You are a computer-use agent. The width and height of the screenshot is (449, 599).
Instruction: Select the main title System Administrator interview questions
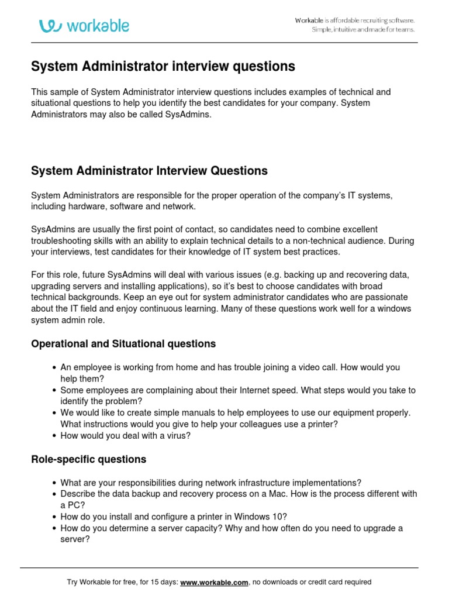(163, 67)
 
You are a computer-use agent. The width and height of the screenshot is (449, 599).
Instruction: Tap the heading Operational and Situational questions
(123, 344)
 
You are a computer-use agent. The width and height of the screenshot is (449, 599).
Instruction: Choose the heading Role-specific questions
(88, 459)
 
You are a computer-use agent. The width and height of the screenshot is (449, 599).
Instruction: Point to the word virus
(178, 436)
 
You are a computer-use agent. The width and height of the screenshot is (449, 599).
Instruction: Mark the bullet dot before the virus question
(54, 436)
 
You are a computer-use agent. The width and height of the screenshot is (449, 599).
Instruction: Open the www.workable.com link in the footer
(215, 582)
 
